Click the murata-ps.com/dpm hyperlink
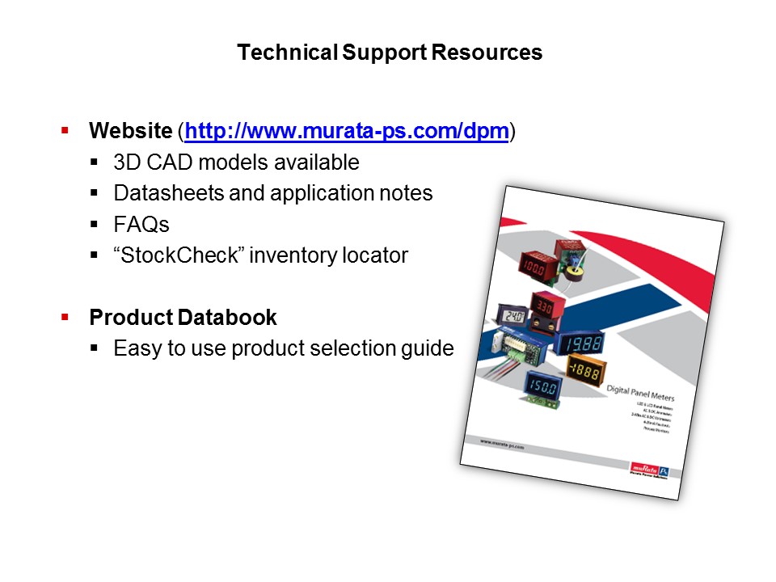(x=347, y=131)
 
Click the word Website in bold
(x=130, y=131)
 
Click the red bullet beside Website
(x=65, y=130)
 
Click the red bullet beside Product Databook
(x=65, y=317)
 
